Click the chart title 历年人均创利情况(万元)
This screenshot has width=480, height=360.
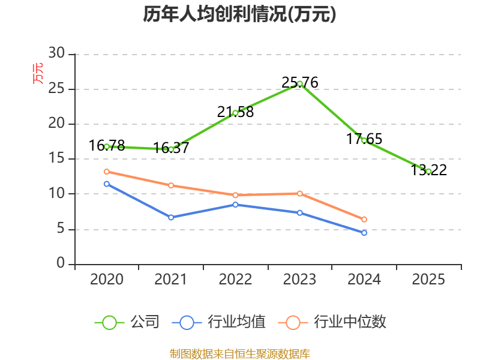tap(239, 14)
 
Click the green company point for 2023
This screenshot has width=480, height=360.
tap(299, 83)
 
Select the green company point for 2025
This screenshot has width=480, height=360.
tap(428, 171)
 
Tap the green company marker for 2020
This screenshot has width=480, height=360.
tap(107, 146)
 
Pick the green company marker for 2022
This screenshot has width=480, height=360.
tap(235, 113)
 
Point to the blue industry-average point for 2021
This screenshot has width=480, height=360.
tap(171, 217)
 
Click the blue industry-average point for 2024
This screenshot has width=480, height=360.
tap(364, 233)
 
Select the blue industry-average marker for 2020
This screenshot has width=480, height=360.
tap(107, 184)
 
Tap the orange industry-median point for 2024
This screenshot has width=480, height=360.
tap(364, 220)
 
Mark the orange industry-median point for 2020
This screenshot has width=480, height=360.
tap(107, 172)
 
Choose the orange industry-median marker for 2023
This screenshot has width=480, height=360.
tap(299, 193)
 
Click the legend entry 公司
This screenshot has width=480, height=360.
tap(127, 322)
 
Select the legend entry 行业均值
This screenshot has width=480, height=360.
tap(219, 322)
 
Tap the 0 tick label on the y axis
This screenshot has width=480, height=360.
tap(61, 264)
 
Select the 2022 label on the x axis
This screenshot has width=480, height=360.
tap(235, 280)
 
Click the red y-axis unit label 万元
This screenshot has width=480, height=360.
tap(38, 73)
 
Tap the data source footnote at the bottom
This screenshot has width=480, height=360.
tap(239, 353)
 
